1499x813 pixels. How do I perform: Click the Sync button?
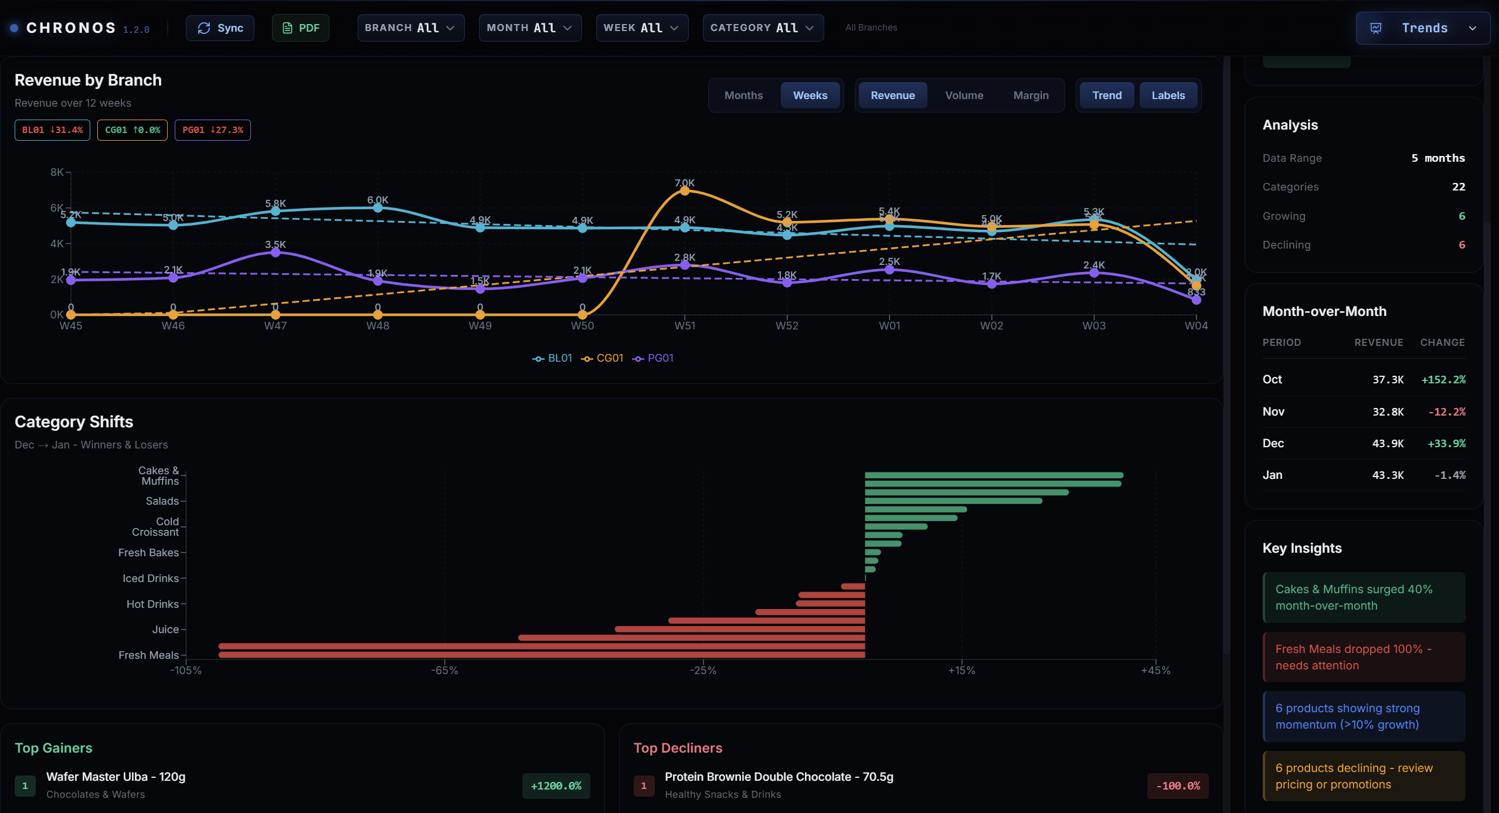click(x=220, y=28)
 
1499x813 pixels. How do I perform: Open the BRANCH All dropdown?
click(x=410, y=28)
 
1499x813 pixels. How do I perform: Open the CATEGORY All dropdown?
click(x=762, y=28)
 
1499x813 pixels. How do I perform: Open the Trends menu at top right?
click(x=1423, y=28)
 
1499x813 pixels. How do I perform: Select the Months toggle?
click(x=743, y=96)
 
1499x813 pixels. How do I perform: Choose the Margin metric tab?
click(x=1031, y=96)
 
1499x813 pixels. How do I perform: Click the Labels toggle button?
click(x=1168, y=96)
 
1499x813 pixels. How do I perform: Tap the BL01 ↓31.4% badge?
click(x=52, y=130)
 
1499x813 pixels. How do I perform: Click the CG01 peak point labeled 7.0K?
click(x=684, y=191)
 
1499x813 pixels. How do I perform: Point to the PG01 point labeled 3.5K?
click(x=276, y=253)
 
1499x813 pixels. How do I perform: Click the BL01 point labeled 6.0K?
click(x=378, y=207)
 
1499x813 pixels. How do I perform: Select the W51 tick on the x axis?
click(x=684, y=326)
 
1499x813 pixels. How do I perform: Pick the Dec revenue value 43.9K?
click(x=1387, y=444)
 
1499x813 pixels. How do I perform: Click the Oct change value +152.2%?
click(x=1443, y=380)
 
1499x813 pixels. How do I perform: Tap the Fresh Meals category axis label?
click(x=148, y=655)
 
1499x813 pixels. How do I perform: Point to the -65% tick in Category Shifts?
click(x=444, y=671)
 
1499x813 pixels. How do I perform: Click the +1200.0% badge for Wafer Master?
click(x=556, y=786)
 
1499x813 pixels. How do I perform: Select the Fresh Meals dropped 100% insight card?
click(x=1364, y=657)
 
